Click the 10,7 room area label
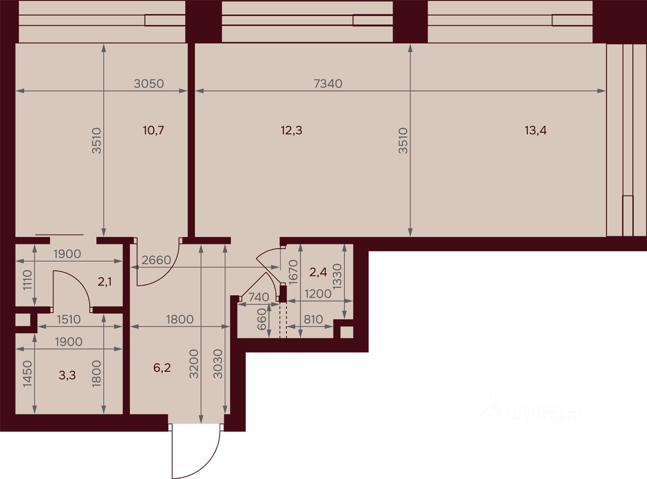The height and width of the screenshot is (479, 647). pos(154,130)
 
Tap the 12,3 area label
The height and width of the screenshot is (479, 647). pos(292,130)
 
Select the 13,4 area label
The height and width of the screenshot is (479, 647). pos(536,130)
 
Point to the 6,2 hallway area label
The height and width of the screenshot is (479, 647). pos(162,368)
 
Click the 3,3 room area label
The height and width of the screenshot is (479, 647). pos(67,375)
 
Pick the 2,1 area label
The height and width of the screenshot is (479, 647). pos(105,282)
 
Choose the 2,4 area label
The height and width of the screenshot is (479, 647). pos(318,272)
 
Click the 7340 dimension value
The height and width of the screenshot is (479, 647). pos(328,84)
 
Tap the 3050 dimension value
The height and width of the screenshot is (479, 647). pos(149,84)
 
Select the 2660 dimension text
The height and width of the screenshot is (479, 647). pos(156,260)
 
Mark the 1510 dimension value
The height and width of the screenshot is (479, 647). pos(69,319)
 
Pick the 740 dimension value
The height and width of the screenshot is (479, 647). pos(259,297)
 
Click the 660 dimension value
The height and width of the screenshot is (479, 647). pos(262,319)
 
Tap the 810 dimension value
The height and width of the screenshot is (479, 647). pos(313,319)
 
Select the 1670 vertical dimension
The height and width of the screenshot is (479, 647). pos(293,272)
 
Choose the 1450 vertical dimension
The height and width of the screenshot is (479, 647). pos(28,374)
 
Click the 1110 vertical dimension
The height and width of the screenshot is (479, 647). pos(28,280)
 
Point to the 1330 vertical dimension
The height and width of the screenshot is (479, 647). pos(337,276)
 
